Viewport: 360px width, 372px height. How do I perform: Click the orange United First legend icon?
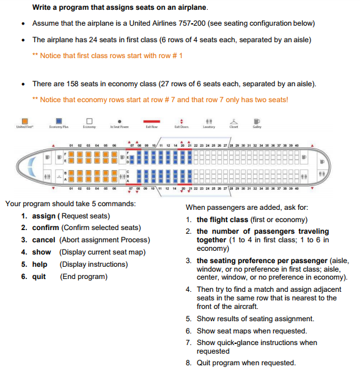pyautogui.click(x=24, y=121)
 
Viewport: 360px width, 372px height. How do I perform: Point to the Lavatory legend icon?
pyautogui.click(x=208, y=121)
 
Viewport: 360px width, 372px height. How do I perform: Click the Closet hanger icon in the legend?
pyautogui.click(x=233, y=121)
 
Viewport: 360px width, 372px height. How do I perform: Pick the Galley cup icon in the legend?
pyautogui.click(x=257, y=121)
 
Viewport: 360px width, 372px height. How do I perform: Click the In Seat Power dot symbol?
pyautogui.click(x=119, y=121)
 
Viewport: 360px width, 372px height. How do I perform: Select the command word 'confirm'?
pyautogui.click(x=45, y=228)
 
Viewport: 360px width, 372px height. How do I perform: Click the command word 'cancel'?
pyautogui.click(x=43, y=240)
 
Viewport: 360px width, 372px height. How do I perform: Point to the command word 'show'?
pyautogui.click(x=42, y=252)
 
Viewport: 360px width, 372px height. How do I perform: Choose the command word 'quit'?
pyautogui.click(x=39, y=277)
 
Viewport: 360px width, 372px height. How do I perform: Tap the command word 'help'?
pyautogui.click(x=40, y=264)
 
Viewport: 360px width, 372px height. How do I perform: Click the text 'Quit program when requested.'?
pyautogui.click(x=246, y=363)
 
